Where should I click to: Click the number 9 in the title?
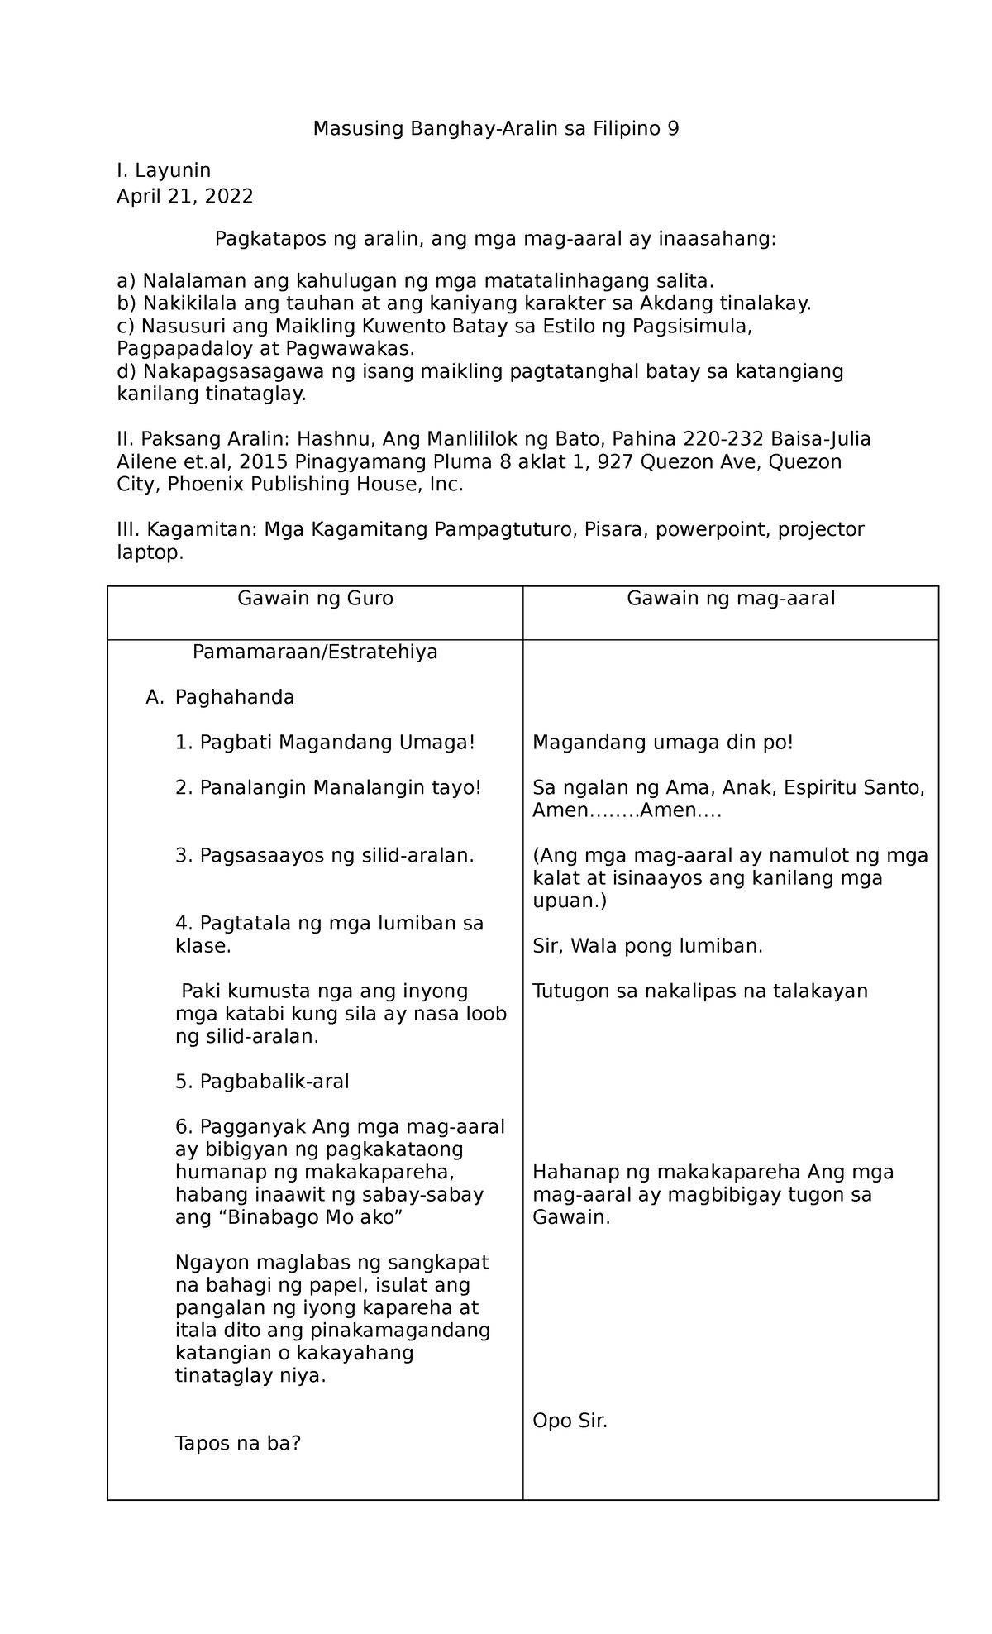(673, 129)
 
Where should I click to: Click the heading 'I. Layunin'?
(164, 171)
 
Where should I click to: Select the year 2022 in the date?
(229, 197)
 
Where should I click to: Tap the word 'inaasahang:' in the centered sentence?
(716, 240)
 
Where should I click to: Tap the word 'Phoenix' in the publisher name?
(202, 485)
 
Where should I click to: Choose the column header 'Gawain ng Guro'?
(315, 599)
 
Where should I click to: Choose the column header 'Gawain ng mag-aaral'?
(731, 599)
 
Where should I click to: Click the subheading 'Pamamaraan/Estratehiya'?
(315, 652)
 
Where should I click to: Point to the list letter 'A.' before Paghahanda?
(155, 698)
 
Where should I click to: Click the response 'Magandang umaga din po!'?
(663, 743)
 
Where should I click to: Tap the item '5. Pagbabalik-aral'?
(262, 1082)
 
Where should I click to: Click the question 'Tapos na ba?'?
(238, 1444)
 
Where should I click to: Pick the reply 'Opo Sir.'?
(570, 1421)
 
